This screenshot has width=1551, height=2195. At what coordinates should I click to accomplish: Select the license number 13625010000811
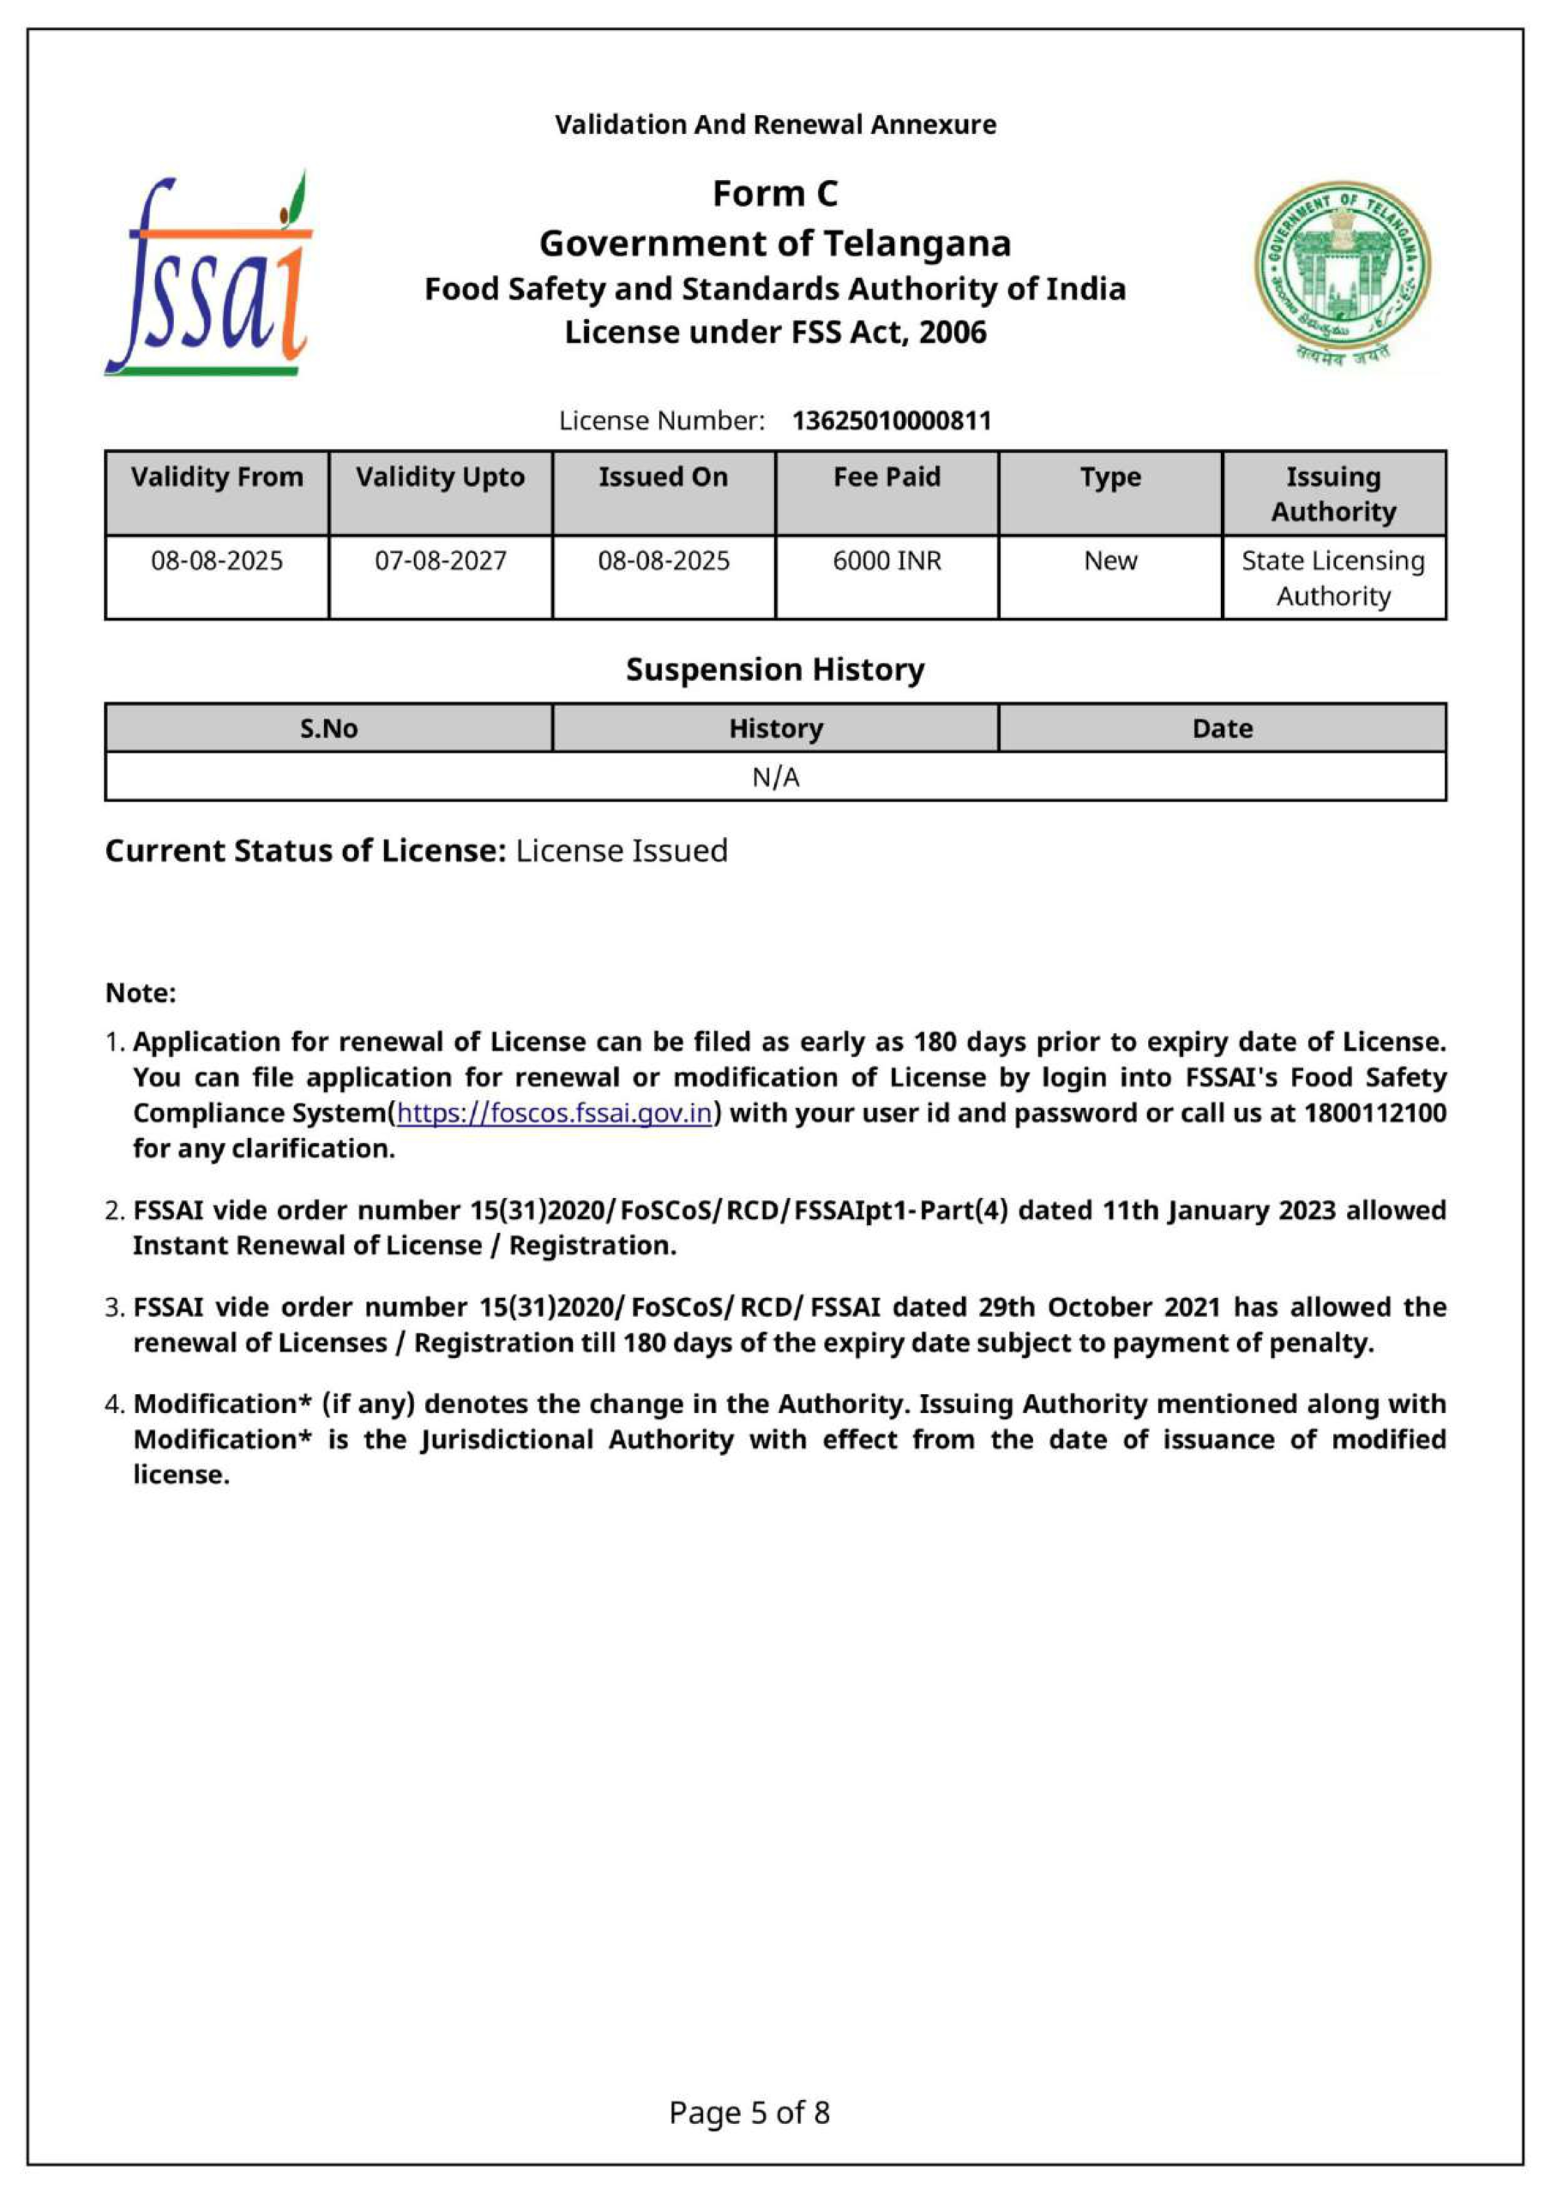(891, 421)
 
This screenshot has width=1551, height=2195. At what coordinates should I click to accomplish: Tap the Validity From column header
(217, 477)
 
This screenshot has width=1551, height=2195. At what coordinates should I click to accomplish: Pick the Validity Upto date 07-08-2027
(440, 561)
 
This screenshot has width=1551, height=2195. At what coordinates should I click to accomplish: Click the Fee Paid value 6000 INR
(887, 561)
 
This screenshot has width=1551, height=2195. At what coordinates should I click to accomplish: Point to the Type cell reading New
(1110, 561)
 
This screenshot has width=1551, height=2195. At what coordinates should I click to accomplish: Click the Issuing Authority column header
(1333, 493)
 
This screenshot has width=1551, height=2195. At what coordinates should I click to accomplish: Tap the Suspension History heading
(774, 669)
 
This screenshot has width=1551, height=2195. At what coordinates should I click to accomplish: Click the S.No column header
(328, 729)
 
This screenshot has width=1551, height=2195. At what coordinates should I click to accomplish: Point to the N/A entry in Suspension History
(775, 777)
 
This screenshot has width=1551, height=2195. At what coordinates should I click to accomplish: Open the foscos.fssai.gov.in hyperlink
(555, 1113)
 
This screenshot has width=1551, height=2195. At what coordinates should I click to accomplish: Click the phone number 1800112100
(1374, 1113)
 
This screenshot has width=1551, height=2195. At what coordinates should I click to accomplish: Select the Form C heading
(774, 194)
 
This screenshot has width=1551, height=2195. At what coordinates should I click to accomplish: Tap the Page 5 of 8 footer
(748, 2112)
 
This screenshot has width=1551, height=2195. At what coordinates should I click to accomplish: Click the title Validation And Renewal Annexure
(774, 125)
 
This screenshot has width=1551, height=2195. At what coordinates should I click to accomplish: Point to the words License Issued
(622, 851)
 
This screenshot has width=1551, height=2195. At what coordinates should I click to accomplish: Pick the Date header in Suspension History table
(1222, 729)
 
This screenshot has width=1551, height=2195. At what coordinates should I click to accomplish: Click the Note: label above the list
(141, 993)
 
